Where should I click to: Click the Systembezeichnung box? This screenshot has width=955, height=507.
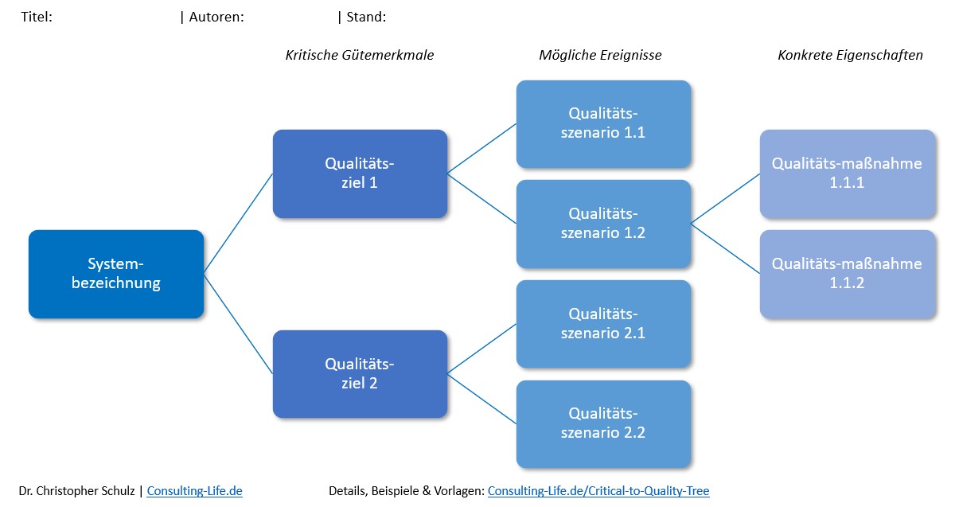pyautogui.click(x=116, y=274)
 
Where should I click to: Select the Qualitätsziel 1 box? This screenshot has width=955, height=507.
pyautogui.click(x=360, y=174)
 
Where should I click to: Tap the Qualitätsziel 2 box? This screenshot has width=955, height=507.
pyautogui.click(x=360, y=374)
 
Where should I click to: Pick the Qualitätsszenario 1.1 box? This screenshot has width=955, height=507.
pyautogui.click(x=603, y=123)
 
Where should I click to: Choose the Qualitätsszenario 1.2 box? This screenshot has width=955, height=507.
pyautogui.click(x=603, y=224)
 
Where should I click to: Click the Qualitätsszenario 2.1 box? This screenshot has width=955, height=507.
pyautogui.click(x=603, y=324)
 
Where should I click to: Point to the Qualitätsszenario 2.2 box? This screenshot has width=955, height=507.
pyautogui.click(x=603, y=423)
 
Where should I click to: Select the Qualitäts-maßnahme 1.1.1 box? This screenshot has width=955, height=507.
pyautogui.click(x=847, y=174)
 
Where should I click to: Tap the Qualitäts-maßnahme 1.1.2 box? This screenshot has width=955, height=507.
pyautogui.click(x=847, y=274)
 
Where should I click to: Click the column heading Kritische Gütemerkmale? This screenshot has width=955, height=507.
pyautogui.click(x=360, y=56)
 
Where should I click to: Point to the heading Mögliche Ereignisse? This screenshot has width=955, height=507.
pyautogui.click(x=600, y=56)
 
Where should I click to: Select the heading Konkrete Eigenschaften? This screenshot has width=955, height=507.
pyautogui.click(x=850, y=56)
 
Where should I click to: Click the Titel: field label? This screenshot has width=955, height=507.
pyautogui.click(x=37, y=17)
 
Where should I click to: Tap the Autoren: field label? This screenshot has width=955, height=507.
pyautogui.click(x=216, y=17)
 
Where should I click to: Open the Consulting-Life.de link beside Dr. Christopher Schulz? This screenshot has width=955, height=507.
pyautogui.click(x=194, y=491)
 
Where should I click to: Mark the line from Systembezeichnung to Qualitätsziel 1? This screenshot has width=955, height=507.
pyautogui.click(x=239, y=224)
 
